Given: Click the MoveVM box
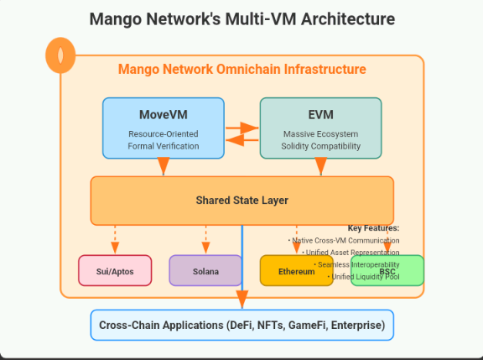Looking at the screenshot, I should click(x=164, y=128).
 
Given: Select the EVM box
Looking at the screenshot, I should click(x=320, y=128).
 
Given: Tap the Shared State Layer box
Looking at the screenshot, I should click(x=241, y=201).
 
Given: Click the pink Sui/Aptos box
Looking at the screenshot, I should click(x=115, y=271).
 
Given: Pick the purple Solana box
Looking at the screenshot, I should click(x=205, y=271).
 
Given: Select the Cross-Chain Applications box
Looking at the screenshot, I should click(x=241, y=325).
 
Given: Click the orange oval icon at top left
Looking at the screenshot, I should click(x=59, y=55).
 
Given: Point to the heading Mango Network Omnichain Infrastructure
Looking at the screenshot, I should click(x=241, y=70).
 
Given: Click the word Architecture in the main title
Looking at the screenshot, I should click(x=344, y=18).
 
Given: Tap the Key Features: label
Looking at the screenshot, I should click(x=373, y=228).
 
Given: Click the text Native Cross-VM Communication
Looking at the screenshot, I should click(x=345, y=240).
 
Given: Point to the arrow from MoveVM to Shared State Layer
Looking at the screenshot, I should click(x=164, y=166).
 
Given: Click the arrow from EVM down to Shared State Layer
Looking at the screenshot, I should click(x=320, y=166).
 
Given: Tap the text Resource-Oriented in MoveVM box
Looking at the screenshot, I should click(x=164, y=133).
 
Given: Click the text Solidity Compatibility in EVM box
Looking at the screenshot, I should click(x=320, y=146).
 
